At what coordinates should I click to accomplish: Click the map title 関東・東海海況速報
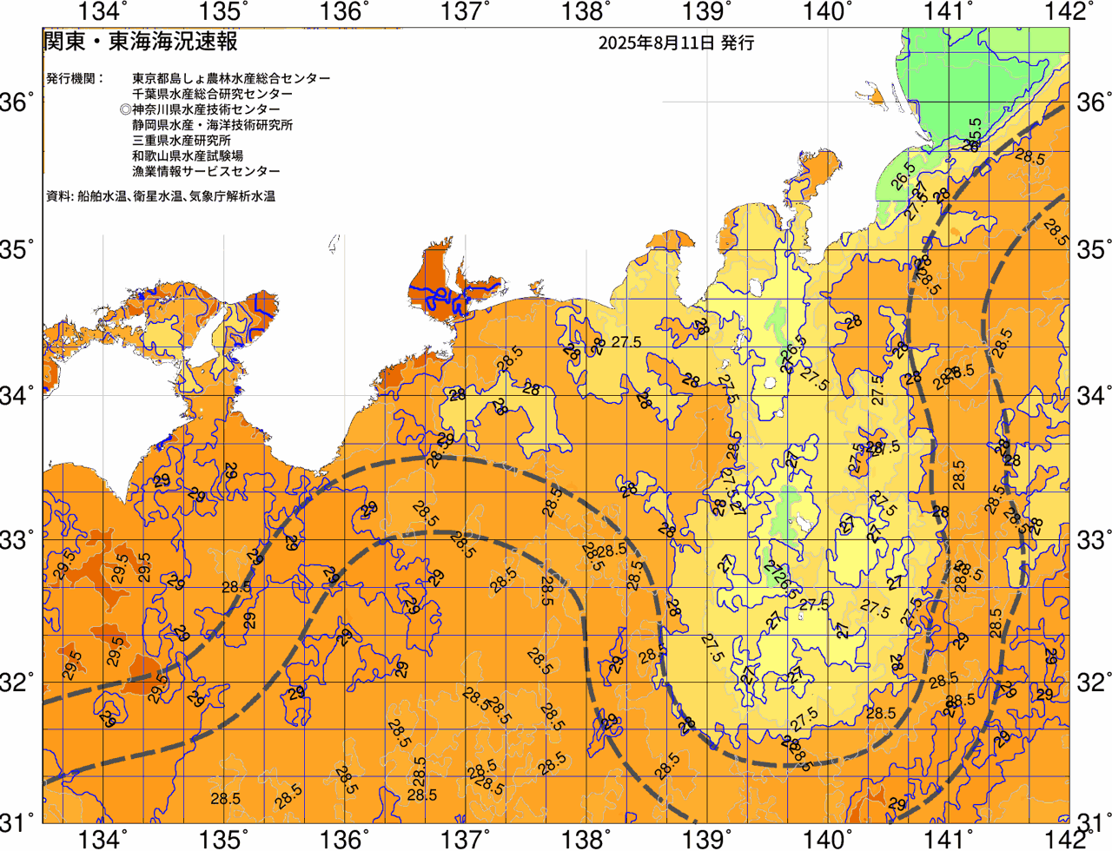pos(140,42)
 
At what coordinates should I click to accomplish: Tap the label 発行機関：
pos(75,78)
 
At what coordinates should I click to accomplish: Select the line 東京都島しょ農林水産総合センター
pos(231,78)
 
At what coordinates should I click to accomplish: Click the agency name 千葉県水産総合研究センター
pos(212,94)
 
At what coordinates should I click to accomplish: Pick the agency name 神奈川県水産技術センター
pos(206,109)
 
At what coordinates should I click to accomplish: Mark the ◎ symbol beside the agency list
pos(125,109)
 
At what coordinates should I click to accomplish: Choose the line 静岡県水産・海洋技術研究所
pos(212,125)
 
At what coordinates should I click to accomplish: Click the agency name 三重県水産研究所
pos(182,141)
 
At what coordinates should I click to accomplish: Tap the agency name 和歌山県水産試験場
pos(188,156)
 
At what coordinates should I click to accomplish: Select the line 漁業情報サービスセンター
pos(206,172)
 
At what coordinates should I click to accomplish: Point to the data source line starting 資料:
pos(161,197)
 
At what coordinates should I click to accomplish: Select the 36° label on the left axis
pos(17,102)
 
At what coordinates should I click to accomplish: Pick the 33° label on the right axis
pos(1093,538)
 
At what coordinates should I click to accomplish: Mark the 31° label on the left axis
pos(17,820)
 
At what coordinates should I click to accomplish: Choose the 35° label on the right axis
pos(1093,250)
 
